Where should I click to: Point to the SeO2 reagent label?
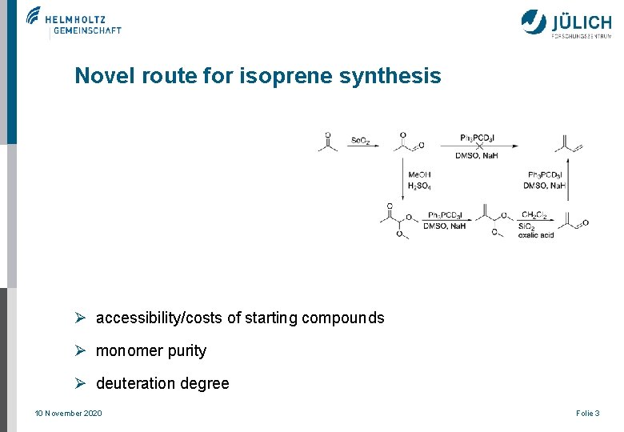(360, 141)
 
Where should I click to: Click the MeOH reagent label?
(419, 175)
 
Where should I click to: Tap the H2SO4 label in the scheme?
(419, 186)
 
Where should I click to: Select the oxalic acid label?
(536, 235)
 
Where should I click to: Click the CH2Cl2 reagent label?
(534, 215)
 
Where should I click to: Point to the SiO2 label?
(526, 226)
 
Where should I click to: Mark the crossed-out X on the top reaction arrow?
(479, 146)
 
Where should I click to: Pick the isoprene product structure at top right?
(567, 144)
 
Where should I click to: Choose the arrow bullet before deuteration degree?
(80, 383)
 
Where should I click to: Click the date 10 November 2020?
(68, 413)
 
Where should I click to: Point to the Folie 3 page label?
(587, 413)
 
